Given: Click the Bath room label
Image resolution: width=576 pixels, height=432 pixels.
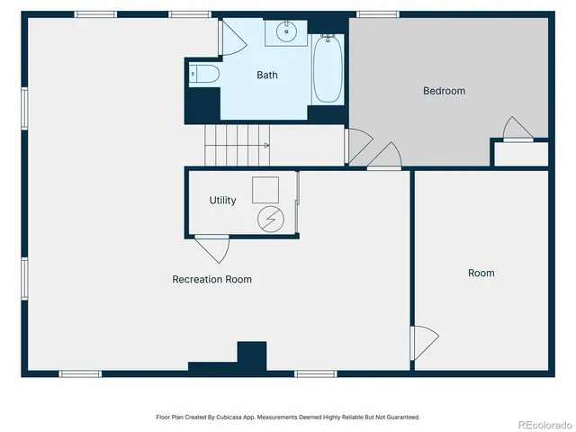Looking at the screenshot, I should (267, 76).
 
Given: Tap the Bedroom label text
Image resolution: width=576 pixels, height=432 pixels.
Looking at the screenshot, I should (445, 91).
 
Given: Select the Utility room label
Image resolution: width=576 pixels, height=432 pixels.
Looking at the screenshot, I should (222, 201).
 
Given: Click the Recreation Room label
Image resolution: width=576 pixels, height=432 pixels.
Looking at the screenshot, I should (211, 280).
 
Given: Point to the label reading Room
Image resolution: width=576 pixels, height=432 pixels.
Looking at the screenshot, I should (481, 273).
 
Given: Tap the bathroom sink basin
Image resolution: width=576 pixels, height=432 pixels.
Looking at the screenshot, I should (286, 33).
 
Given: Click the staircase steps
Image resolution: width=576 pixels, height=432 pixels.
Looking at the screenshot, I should (236, 146).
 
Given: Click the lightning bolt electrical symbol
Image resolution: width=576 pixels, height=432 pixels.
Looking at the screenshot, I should (270, 218).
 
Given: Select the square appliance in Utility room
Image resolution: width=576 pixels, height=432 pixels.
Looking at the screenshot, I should (265, 188).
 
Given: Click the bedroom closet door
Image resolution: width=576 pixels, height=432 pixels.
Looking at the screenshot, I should (518, 130).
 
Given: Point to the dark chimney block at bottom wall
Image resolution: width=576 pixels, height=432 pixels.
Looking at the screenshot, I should (251, 356).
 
